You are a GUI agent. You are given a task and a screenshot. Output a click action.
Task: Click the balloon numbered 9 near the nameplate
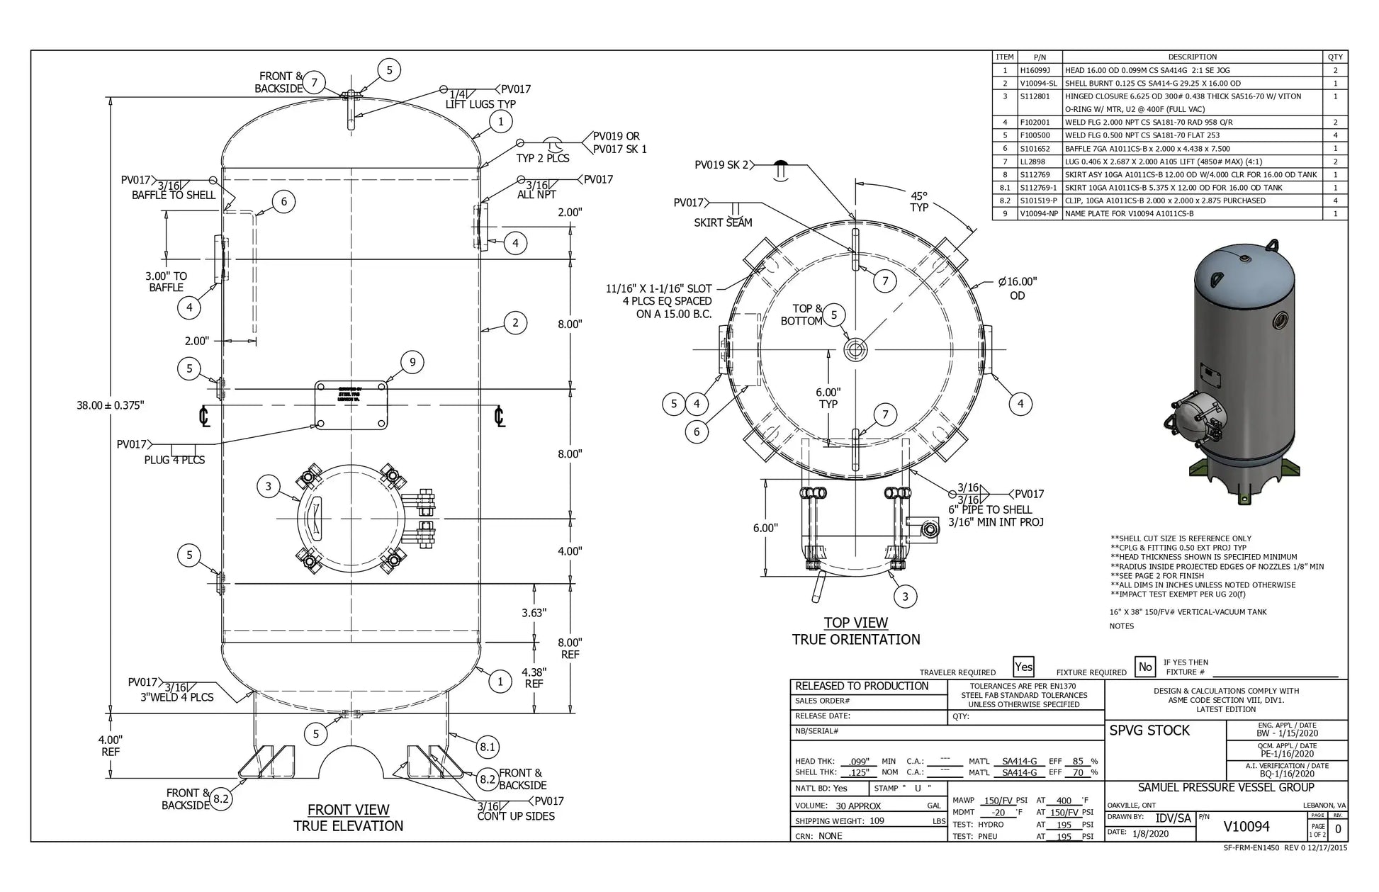click(412, 363)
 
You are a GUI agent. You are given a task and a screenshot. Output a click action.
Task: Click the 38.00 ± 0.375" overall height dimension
click(110, 405)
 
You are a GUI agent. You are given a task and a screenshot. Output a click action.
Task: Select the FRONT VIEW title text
click(348, 809)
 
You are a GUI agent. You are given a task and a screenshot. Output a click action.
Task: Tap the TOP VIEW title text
click(855, 623)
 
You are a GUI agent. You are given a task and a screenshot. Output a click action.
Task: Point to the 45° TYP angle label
click(919, 201)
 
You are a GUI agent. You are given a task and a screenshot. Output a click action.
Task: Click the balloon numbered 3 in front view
click(268, 486)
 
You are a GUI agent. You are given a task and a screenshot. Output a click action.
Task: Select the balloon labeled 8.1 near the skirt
click(487, 746)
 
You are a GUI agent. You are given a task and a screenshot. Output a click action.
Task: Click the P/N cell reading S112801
click(1035, 96)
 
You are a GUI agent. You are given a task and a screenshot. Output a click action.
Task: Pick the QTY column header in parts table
click(1335, 57)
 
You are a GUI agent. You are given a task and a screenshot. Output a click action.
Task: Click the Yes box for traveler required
click(1023, 667)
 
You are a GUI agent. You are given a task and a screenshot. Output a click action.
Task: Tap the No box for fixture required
click(1144, 667)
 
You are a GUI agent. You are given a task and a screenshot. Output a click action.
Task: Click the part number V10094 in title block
click(1246, 827)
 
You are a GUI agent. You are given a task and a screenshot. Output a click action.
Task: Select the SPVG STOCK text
click(1149, 730)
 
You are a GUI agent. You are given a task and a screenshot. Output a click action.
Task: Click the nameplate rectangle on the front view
click(351, 406)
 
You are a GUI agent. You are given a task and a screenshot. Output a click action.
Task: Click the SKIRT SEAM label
click(723, 222)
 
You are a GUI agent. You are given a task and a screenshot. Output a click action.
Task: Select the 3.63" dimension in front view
click(534, 613)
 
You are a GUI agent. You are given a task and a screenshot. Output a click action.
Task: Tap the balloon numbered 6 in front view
click(283, 202)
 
